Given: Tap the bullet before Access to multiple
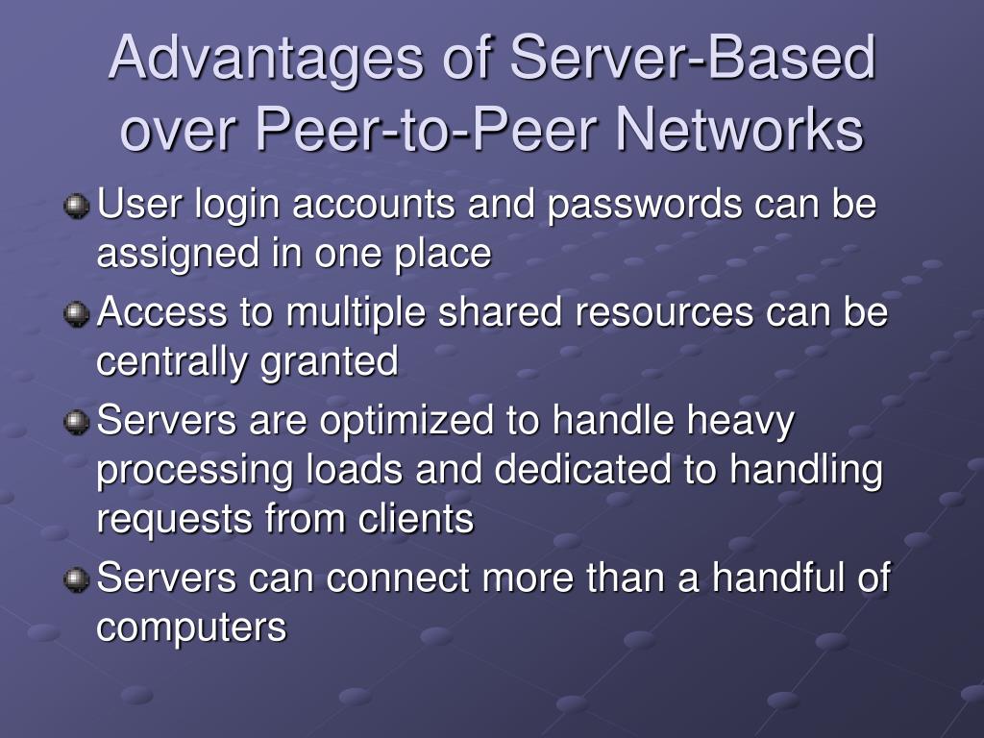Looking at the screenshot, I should pos(76,313).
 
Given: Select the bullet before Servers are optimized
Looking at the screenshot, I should pos(76,422).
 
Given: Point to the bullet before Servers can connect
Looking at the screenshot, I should pos(76,579).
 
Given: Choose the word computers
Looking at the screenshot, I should pos(192,628).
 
